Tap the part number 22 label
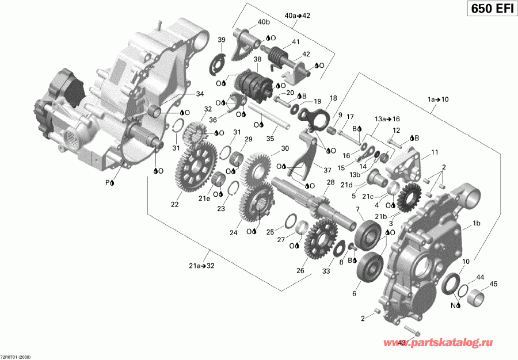point(174,203)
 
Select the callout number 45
point(493,284)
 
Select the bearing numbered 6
point(367,267)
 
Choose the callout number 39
point(221,40)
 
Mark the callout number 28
point(330,182)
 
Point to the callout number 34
point(200,94)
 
